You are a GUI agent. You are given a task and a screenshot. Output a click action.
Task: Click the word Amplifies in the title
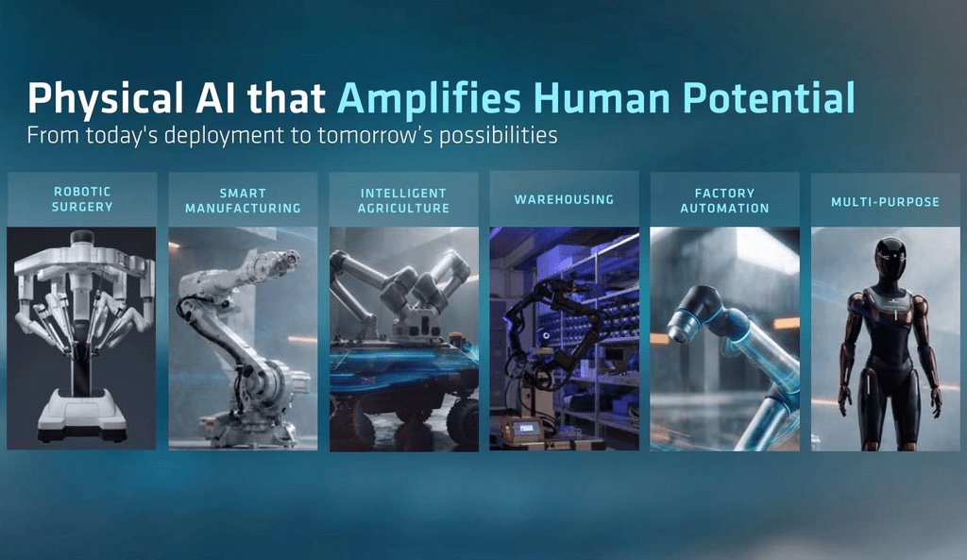(x=430, y=98)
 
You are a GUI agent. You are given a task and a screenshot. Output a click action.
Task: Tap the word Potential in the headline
(x=769, y=97)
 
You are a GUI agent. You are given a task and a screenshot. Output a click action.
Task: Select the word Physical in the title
(x=106, y=98)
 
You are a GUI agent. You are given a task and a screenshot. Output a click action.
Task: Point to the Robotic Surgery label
(x=82, y=199)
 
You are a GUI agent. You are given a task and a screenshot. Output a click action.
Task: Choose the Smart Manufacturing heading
(x=243, y=201)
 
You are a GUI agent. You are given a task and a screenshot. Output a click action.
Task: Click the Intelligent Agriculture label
(x=403, y=201)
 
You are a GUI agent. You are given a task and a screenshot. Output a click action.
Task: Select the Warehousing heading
(x=565, y=200)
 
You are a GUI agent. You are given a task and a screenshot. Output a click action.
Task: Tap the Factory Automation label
(x=724, y=201)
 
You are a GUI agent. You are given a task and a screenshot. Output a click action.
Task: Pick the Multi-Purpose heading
(x=885, y=202)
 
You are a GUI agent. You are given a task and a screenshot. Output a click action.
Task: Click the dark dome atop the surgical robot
(x=82, y=236)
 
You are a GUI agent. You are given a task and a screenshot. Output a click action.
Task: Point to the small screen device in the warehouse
(x=523, y=429)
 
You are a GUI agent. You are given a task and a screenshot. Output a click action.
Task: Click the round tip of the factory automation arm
(x=683, y=330)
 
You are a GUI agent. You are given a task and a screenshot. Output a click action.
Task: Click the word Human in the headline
(x=602, y=97)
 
